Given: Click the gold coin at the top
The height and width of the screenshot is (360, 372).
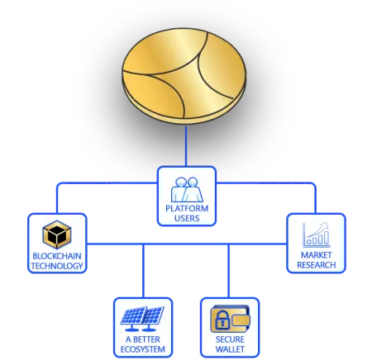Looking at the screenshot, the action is [184, 76].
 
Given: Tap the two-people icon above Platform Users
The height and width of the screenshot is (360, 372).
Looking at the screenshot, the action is [187, 189].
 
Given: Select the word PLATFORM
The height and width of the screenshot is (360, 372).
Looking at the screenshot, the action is [187, 208].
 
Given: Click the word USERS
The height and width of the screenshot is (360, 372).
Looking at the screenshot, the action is [187, 218].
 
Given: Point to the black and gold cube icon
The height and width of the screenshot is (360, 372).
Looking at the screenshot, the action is [57, 234].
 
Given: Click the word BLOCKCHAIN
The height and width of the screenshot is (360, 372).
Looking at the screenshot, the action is [57, 256].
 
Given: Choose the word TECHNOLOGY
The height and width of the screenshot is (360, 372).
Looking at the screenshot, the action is [57, 266].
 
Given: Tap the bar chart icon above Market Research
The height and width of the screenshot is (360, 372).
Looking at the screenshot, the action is [316, 234].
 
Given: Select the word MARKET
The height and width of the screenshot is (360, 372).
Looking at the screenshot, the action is [316, 255].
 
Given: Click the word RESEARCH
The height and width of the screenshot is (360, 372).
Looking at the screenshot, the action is [316, 265].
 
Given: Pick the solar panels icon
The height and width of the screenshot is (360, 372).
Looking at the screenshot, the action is [142, 319].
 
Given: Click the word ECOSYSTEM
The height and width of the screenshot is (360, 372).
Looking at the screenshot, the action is [143, 349].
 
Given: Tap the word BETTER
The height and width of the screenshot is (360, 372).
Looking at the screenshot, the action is [146, 339].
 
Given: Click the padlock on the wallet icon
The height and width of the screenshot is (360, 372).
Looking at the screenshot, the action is [222, 320].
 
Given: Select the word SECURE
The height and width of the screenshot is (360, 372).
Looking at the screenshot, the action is [230, 339].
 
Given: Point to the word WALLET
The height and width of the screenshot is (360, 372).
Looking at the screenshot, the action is [230, 349].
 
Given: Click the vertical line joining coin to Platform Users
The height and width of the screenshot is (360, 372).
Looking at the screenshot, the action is [186, 146].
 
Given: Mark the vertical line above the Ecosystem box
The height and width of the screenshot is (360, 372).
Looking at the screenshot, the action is [143, 271].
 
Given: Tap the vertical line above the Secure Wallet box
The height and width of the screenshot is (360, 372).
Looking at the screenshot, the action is [228, 271].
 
